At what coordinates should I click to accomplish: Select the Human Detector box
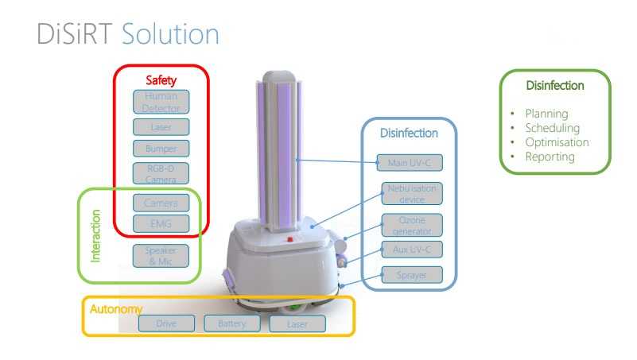click(x=162, y=102)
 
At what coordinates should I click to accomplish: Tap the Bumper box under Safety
click(x=162, y=148)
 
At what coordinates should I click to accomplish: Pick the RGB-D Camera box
click(x=162, y=173)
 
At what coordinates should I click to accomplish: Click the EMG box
click(x=162, y=223)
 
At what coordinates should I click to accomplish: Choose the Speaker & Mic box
click(x=162, y=255)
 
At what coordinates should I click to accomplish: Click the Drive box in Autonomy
click(x=166, y=323)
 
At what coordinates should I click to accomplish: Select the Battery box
click(x=232, y=323)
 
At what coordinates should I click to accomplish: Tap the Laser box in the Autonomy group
click(x=297, y=323)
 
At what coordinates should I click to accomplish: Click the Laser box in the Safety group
click(x=162, y=126)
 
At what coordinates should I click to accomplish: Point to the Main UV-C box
click(x=409, y=163)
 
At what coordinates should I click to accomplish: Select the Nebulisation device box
click(x=409, y=194)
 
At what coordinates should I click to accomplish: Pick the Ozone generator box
click(x=409, y=224)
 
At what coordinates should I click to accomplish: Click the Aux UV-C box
click(x=409, y=250)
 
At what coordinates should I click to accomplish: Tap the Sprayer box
click(x=409, y=275)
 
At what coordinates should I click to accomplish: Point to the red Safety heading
click(x=161, y=80)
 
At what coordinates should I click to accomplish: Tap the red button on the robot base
click(x=289, y=238)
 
